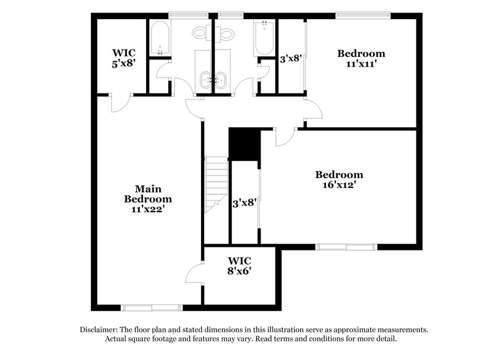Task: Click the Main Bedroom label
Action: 148,194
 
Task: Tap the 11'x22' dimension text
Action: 148,209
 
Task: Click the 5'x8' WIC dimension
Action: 123,62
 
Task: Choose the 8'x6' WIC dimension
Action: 239,270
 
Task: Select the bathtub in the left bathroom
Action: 159,38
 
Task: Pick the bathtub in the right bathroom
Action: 265,38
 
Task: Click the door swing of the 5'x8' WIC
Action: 121,103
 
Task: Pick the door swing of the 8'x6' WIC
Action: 196,272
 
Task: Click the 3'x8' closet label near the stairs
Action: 244,202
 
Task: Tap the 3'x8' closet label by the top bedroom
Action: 290,59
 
